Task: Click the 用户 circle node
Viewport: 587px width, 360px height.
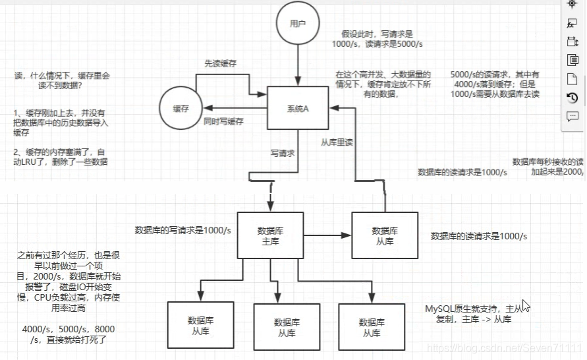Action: point(298,24)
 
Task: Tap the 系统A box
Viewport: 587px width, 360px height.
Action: point(298,108)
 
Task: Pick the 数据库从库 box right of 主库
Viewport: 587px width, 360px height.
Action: point(384,235)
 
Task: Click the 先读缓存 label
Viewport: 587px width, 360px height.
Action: point(220,63)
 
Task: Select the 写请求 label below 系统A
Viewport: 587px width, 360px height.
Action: point(282,153)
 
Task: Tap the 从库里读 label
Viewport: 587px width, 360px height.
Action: point(335,142)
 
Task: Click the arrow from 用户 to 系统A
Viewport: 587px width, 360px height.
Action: point(298,66)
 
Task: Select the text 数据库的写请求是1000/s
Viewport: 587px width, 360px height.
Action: point(182,230)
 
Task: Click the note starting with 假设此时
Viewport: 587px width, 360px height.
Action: point(376,38)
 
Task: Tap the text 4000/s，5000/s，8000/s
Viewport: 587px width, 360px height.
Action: point(68,334)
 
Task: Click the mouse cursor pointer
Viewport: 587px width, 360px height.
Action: point(526,305)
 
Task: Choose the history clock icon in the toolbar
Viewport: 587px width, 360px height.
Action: point(572,98)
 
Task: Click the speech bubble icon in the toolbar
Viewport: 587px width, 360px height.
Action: point(572,117)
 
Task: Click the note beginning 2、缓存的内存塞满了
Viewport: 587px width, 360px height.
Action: point(60,156)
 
